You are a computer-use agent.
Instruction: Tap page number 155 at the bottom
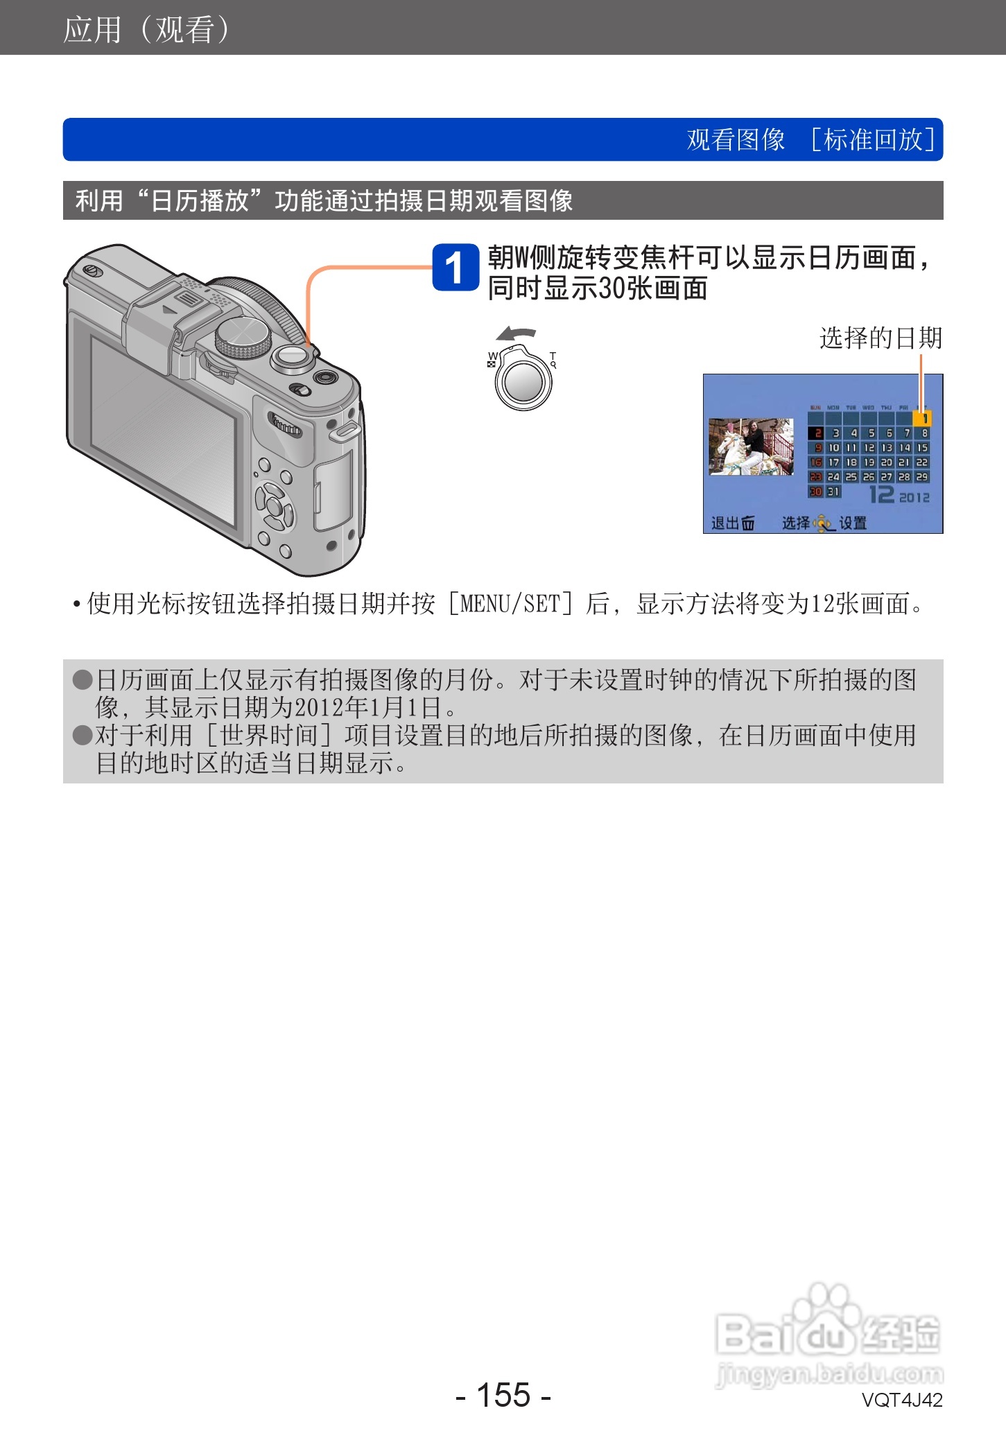click(x=503, y=1394)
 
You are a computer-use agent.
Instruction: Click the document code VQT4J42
click(x=901, y=1400)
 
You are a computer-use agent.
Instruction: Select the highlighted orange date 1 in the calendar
click(x=922, y=418)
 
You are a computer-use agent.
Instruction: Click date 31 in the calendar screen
click(x=833, y=492)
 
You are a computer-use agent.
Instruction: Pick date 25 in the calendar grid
click(x=851, y=477)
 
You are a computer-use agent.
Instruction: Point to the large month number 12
click(x=882, y=494)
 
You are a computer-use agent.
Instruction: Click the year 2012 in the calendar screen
click(x=914, y=497)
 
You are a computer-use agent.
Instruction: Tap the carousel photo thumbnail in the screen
click(x=751, y=446)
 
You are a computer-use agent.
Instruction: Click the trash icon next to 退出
click(x=748, y=523)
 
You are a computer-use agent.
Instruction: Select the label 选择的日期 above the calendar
click(x=881, y=338)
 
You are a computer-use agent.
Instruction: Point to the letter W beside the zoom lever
click(x=492, y=356)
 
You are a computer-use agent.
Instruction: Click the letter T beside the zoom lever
click(x=553, y=357)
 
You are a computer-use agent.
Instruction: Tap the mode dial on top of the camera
click(x=243, y=338)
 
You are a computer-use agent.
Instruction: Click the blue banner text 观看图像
click(x=736, y=139)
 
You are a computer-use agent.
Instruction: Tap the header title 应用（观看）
click(x=146, y=29)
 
